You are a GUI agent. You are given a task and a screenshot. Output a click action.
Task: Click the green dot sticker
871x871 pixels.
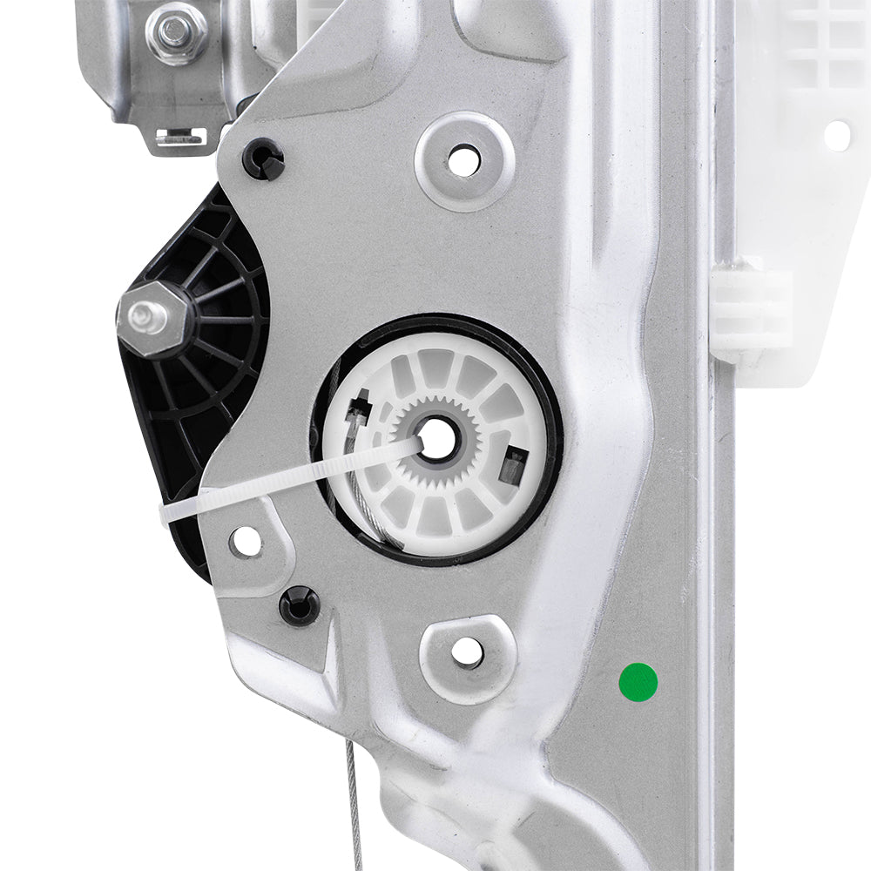click(x=638, y=681)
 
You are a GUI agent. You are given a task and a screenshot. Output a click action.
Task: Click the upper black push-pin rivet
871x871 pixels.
click(x=262, y=160)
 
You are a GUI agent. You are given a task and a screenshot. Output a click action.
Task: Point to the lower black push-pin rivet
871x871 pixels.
click(x=300, y=605)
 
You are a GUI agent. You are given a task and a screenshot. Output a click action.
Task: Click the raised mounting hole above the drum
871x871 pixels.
click(x=463, y=159)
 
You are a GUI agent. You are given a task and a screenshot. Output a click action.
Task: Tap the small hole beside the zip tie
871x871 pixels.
click(x=246, y=542)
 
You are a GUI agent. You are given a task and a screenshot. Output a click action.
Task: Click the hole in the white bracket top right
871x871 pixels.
click(x=837, y=134)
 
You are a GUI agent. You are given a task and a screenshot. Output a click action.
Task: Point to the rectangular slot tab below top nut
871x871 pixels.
click(x=179, y=136)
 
